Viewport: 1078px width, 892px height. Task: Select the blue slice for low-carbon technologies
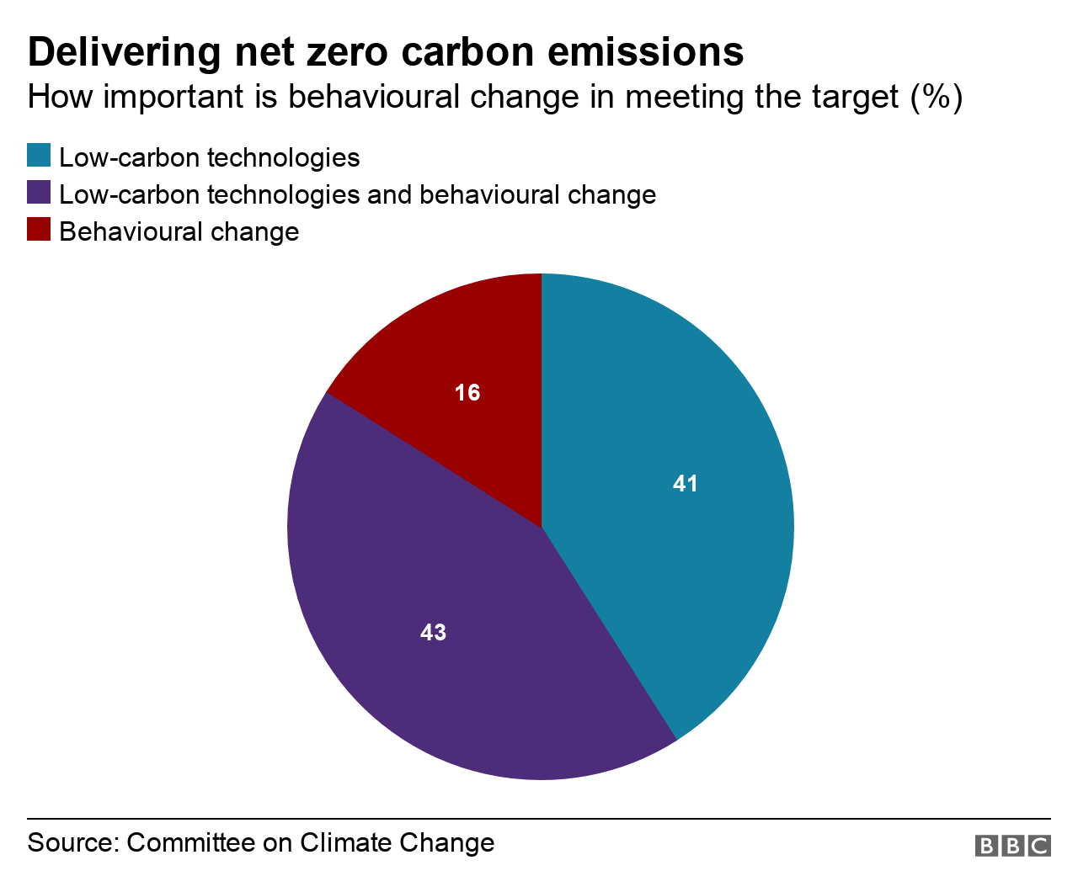coord(674,505)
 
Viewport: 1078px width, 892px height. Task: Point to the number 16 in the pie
coord(467,393)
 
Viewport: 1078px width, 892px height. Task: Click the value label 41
coord(686,484)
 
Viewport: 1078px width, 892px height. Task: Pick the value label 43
coord(433,633)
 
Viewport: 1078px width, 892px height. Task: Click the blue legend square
coord(39,156)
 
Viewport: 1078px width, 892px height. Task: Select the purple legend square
coord(39,193)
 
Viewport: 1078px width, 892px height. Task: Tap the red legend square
coord(39,230)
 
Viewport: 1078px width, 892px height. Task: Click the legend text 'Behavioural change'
coord(179,231)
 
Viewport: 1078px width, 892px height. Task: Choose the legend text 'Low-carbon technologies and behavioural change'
coord(357,194)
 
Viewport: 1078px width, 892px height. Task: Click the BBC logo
coord(1012,846)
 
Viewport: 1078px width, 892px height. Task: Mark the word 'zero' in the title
coord(344,52)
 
